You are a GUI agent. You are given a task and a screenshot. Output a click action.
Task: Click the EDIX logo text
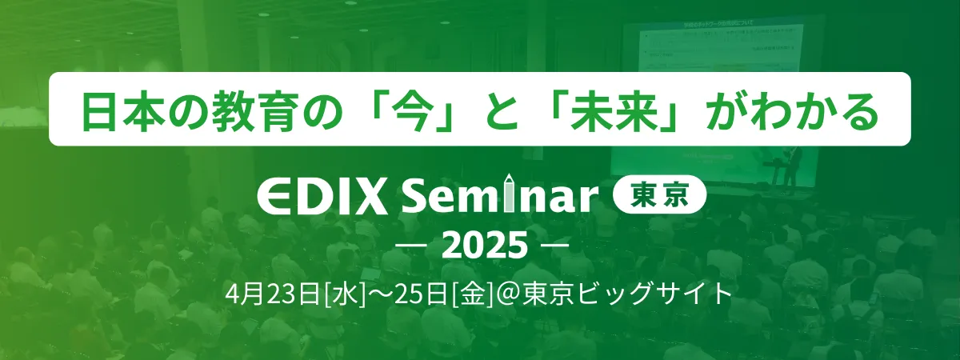pos(322,198)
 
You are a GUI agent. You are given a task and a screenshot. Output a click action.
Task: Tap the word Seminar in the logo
pos(500,196)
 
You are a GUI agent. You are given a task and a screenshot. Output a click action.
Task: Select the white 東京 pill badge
pos(659,196)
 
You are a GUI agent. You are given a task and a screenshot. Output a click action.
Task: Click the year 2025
pos(479,246)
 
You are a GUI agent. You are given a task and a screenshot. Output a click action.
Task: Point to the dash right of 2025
pos(554,246)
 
